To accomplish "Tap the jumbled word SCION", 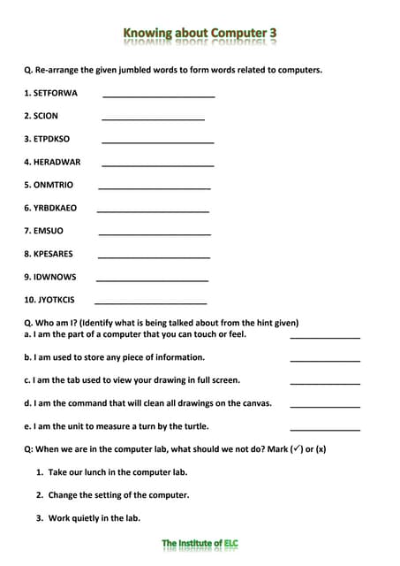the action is (46, 116).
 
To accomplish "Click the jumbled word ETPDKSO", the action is (52, 139).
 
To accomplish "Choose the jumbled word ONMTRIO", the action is (54, 185).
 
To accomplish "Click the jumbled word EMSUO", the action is (49, 231).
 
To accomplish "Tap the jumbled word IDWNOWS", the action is (55, 277).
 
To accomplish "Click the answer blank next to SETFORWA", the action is (159, 95).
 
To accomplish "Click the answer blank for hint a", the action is (325, 336).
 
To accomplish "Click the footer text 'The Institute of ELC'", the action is (200, 543).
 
